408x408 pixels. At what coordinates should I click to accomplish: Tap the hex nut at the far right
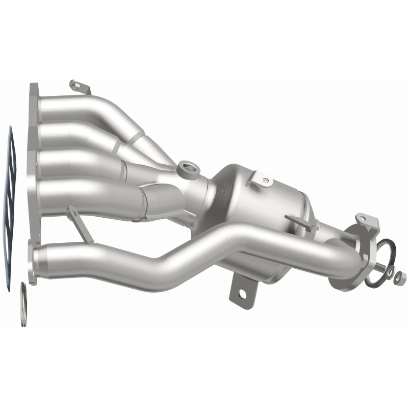click(x=400, y=276)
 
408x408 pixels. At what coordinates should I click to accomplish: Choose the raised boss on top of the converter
click(x=265, y=180)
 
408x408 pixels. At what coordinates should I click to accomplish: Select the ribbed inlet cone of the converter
click(x=214, y=194)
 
